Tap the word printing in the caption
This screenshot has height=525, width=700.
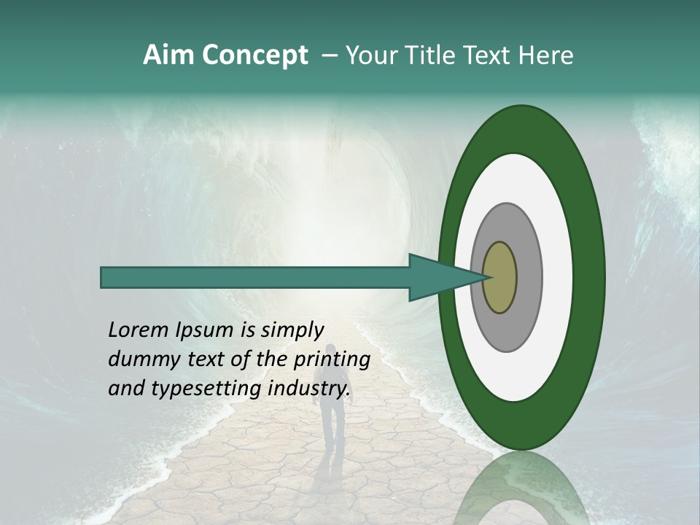[x=331, y=359]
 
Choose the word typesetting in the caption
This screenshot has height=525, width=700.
[x=194, y=389]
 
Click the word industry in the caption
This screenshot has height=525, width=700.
[x=309, y=389]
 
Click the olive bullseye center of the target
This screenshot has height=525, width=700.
[x=500, y=277]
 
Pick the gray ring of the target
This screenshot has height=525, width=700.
[x=528, y=277]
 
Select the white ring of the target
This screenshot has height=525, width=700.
[x=557, y=277]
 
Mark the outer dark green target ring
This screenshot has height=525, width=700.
[x=589, y=277]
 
